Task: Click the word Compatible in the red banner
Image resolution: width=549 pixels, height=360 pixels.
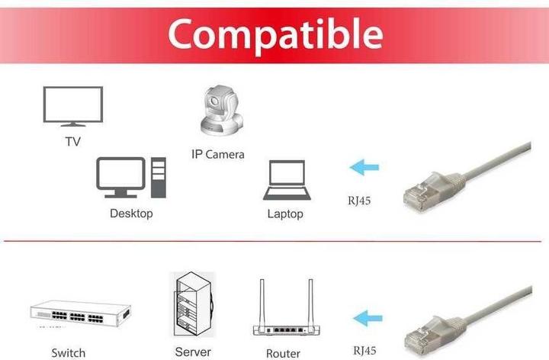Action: coord(275,35)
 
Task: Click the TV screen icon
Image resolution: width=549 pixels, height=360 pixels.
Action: coord(73,107)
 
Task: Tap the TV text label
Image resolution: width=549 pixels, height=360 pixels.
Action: coord(73,141)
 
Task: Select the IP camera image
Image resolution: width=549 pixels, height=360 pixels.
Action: coord(222,111)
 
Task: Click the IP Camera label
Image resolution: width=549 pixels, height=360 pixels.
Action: coord(218,154)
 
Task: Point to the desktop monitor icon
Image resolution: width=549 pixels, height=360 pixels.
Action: coord(120,178)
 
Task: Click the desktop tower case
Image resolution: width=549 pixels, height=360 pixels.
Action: coord(159,178)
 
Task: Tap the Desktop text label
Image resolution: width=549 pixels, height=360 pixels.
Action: coord(131,214)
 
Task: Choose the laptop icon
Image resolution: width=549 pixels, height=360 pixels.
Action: coord(287,180)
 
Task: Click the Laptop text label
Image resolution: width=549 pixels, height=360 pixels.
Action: coord(285,214)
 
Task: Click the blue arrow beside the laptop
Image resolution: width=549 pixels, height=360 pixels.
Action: coord(364,167)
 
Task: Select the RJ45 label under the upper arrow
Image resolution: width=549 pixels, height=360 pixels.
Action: coord(359,201)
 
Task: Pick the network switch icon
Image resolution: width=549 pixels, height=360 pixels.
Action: coord(81,313)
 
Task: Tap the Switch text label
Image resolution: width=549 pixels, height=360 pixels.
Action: coord(69,352)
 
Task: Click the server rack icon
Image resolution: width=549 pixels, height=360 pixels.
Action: coord(194,304)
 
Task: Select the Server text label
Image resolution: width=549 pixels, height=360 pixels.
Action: coord(193,352)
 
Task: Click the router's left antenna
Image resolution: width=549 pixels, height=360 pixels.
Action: coord(262,303)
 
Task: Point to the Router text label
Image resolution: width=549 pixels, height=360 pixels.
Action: coord(283,353)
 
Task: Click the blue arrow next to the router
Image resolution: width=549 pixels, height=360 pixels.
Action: coord(368,318)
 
